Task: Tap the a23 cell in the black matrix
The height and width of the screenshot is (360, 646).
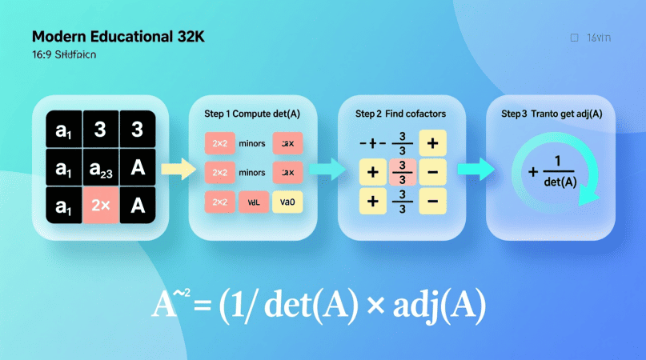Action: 100,168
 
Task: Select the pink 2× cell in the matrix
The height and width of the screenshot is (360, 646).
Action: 100,205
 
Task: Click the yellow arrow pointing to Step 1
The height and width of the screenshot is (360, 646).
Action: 178,168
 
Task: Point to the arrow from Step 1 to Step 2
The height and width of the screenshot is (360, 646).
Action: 323,168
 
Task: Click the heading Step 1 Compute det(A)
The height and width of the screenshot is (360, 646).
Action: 247,114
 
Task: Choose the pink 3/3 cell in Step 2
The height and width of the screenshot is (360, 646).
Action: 403,171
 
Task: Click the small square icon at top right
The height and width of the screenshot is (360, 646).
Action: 573,38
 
